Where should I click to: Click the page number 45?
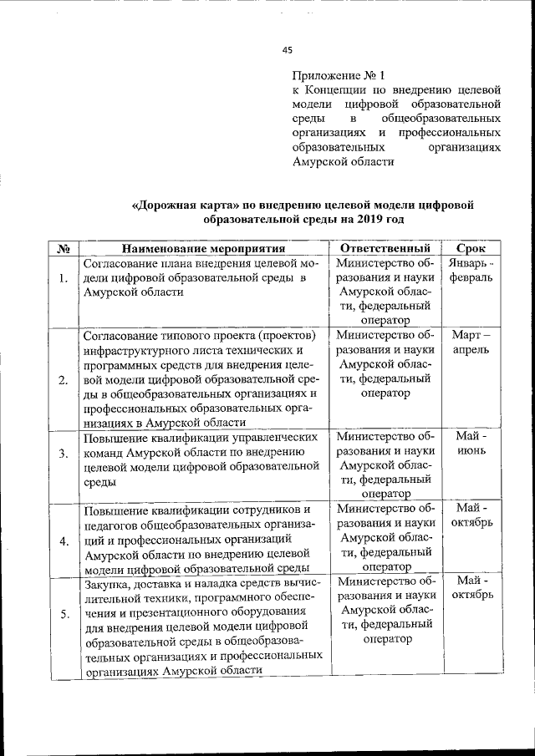288,50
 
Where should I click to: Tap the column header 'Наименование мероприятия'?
204,249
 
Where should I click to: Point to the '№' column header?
64,249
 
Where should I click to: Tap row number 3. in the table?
64,453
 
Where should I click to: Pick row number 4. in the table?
64,540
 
